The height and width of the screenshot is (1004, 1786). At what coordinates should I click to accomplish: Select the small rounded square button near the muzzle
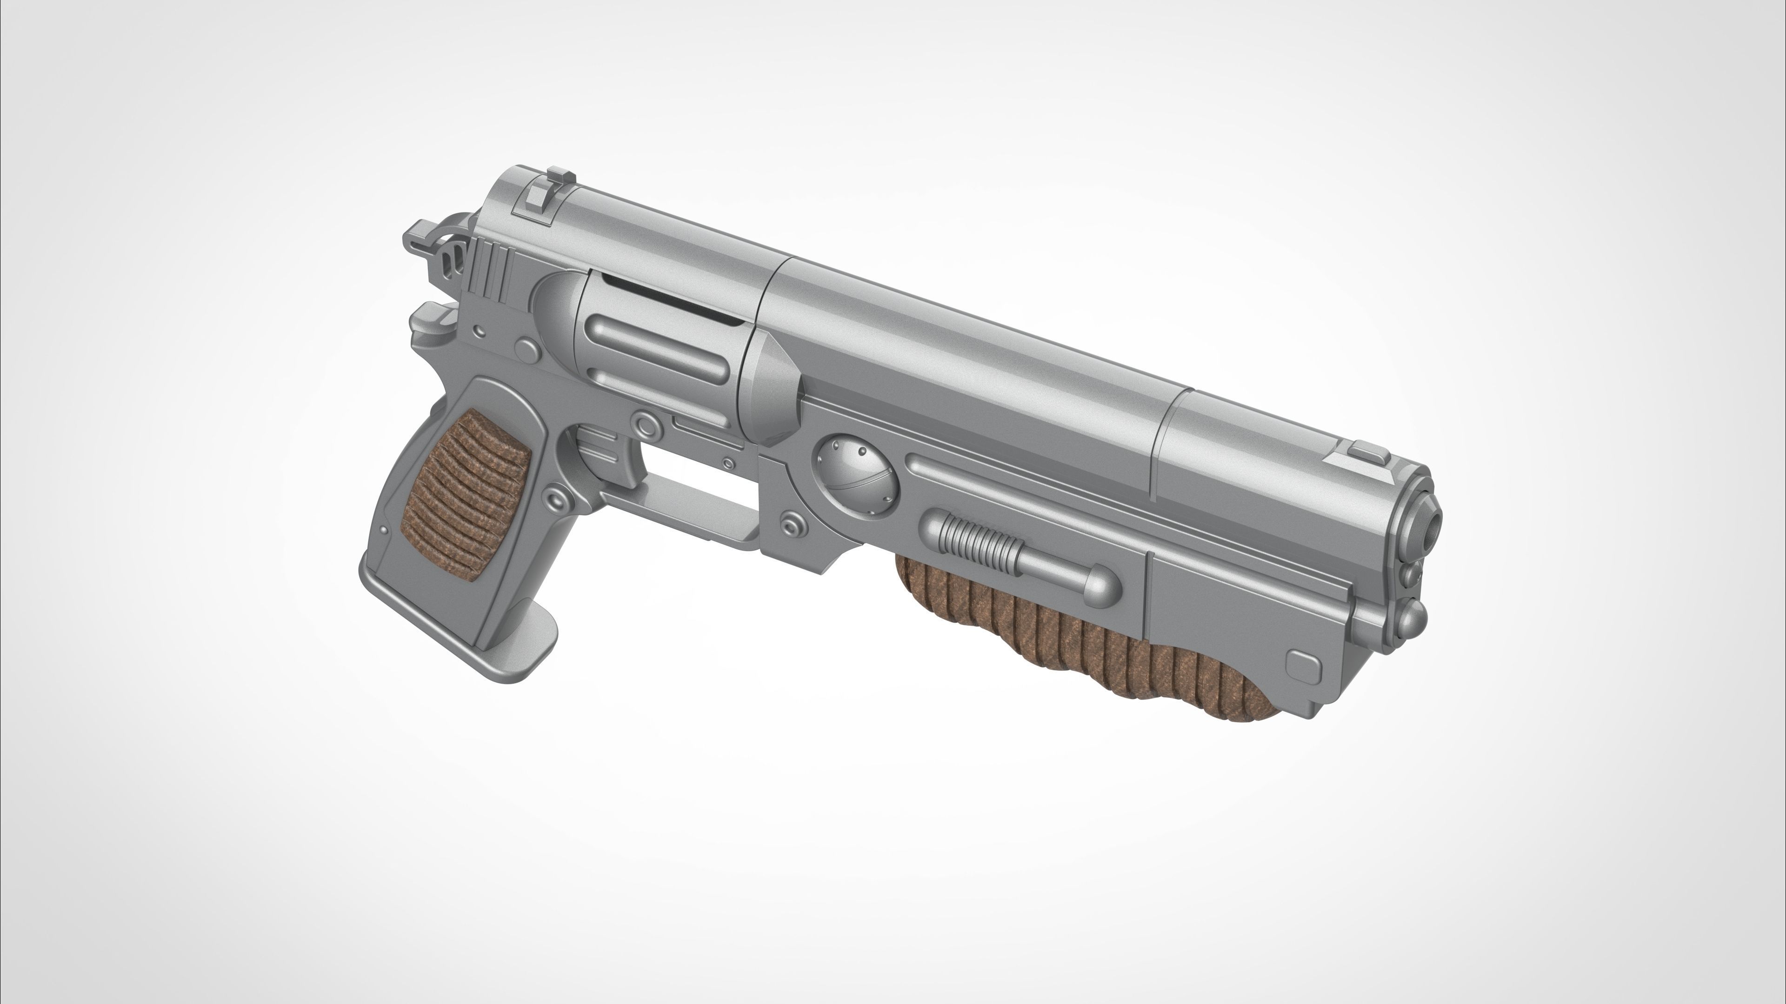pyautogui.click(x=1300, y=664)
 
